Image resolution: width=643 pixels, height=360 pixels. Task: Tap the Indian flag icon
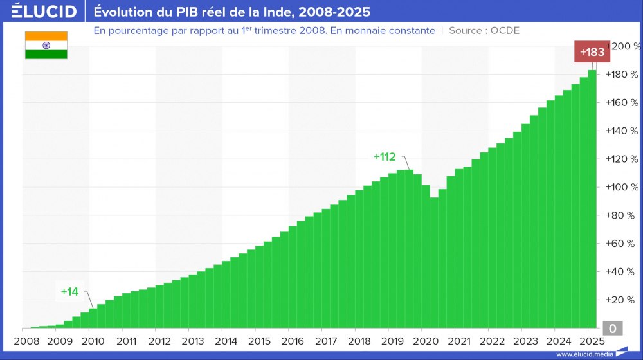[x=46, y=45]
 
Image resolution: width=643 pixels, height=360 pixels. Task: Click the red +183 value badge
[x=592, y=52]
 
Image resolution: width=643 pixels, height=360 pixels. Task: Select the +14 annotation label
[x=69, y=291]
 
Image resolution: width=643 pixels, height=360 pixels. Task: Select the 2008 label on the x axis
[x=26, y=341]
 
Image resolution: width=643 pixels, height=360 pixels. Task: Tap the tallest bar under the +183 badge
[x=592, y=199]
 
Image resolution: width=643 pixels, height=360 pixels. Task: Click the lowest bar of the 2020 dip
[x=434, y=264]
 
